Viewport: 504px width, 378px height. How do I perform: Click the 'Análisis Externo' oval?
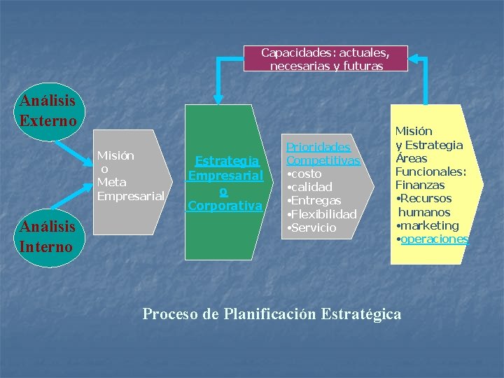coord(48,111)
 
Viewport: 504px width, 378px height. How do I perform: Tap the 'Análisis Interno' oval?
coord(48,237)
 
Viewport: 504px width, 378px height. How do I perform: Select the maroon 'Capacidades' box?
coord(325,59)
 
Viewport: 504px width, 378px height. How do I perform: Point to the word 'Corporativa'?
coord(225,206)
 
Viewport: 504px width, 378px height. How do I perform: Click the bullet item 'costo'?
coord(305,174)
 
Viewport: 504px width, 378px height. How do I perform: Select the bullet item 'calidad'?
coord(311,187)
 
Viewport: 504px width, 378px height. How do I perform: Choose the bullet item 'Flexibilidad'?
coord(322,214)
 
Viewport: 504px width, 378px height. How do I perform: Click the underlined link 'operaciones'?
coord(435,239)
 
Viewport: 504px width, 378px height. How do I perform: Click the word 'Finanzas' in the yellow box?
coord(420,185)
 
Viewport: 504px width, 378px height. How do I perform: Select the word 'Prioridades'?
coord(318,147)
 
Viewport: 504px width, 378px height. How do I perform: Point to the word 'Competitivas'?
coord(323,160)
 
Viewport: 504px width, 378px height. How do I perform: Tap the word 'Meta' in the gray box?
coord(111,183)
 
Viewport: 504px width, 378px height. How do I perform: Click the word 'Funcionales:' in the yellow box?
coord(430,171)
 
